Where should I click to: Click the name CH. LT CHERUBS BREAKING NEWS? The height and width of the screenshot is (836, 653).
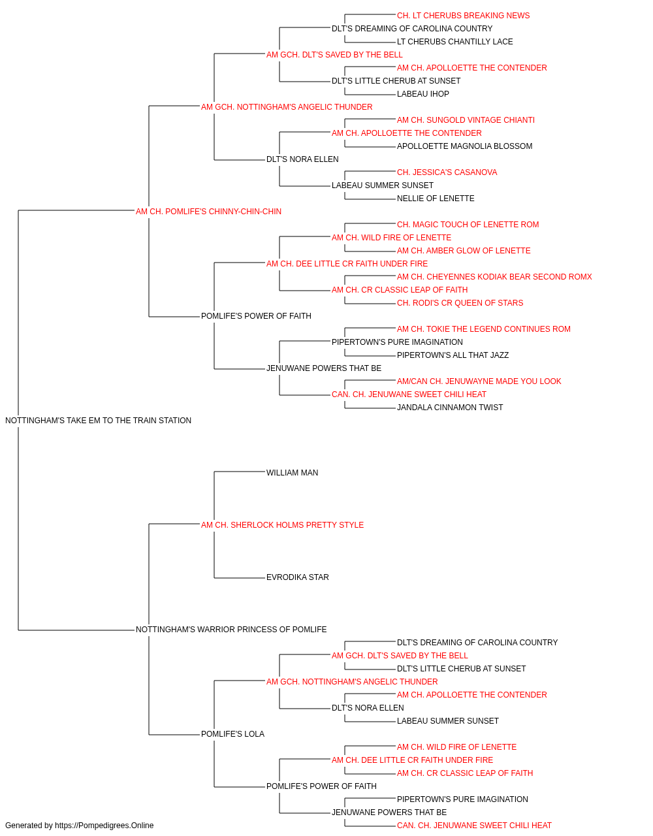(463, 16)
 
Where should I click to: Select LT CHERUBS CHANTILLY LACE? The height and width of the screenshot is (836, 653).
(454, 42)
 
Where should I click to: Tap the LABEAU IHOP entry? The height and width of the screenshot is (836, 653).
(422, 94)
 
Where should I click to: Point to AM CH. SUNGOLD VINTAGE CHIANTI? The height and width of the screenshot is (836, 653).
(466, 120)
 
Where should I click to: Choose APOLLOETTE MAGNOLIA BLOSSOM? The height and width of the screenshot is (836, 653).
(464, 146)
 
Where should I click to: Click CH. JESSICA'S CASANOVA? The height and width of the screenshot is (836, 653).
(447, 172)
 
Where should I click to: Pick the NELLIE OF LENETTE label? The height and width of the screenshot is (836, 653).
(436, 199)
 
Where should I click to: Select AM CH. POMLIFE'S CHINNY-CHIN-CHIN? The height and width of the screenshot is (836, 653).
(208, 212)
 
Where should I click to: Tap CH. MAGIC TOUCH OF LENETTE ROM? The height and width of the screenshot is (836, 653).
(468, 225)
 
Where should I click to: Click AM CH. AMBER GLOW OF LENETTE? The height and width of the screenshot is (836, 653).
(464, 251)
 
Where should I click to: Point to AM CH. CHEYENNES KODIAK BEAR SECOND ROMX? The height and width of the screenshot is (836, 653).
(494, 277)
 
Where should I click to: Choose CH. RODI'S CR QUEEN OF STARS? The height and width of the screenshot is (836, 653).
(460, 303)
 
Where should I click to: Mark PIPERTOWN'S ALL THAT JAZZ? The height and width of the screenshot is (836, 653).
(453, 355)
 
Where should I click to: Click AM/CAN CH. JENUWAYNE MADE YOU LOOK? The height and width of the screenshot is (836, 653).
(479, 381)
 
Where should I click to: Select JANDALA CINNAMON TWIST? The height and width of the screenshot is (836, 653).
(449, 408)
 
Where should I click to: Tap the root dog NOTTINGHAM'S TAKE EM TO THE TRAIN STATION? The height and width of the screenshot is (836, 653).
(98, 421)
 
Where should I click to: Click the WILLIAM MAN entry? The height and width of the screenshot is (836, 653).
(292, 473)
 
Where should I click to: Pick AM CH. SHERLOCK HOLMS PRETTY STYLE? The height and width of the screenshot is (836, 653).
(282, 525)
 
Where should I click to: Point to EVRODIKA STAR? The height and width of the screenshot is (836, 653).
(297, 577)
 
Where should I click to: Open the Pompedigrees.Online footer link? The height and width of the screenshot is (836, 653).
(104, 826)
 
